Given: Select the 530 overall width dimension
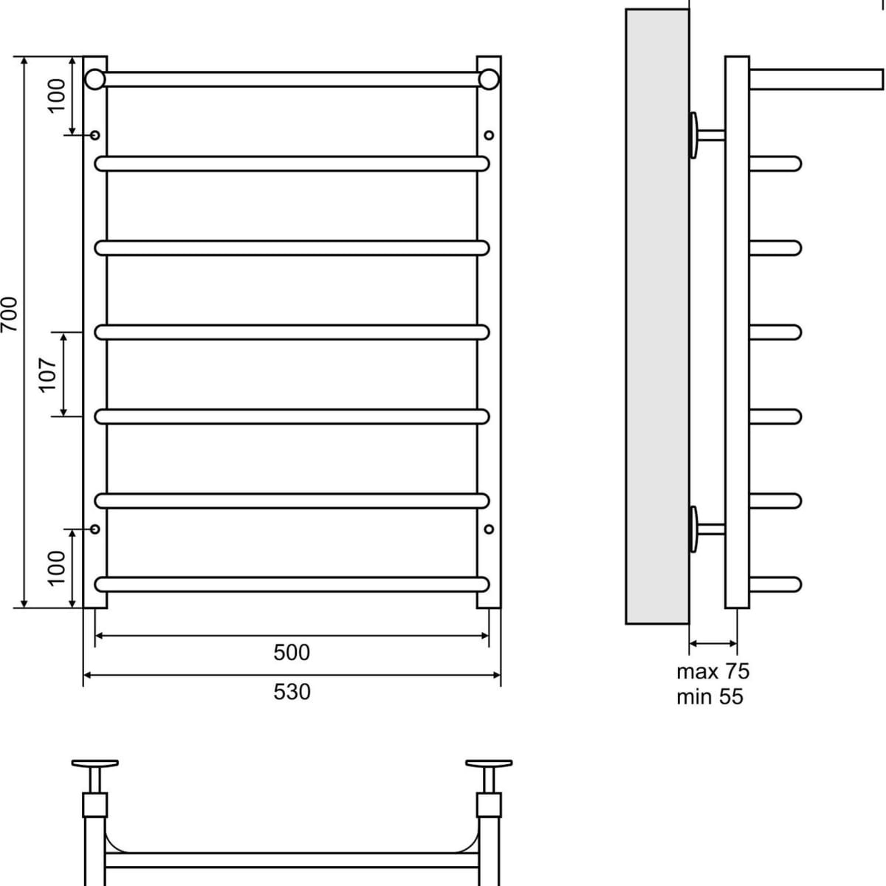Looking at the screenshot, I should coord(292,692).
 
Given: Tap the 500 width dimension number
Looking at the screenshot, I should coord(292,653).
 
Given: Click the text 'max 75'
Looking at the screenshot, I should coord(712,672).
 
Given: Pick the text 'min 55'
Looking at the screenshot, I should coord(710,696).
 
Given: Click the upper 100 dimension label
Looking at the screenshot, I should coord(58,95).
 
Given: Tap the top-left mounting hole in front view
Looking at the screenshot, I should coord(95,135).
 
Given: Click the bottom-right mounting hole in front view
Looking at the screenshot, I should coord(489,529).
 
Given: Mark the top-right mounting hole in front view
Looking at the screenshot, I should coord(489,135).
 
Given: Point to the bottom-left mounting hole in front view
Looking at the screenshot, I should coord(95,529).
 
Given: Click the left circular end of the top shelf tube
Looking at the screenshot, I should coord(95,79).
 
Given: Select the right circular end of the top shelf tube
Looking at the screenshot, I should coord(489,79).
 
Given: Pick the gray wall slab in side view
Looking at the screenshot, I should coord(657,317).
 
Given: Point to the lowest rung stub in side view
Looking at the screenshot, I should coord(775,585).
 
